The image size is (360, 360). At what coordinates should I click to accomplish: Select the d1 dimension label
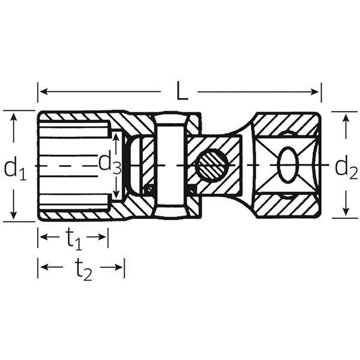(14, 169)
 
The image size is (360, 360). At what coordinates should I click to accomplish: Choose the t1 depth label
(74, 241)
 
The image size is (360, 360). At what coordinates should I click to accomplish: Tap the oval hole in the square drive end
(288, 164)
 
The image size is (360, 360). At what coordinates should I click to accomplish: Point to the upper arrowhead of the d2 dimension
(345, 117)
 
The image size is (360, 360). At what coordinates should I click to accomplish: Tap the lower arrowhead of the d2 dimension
(345, 213)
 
